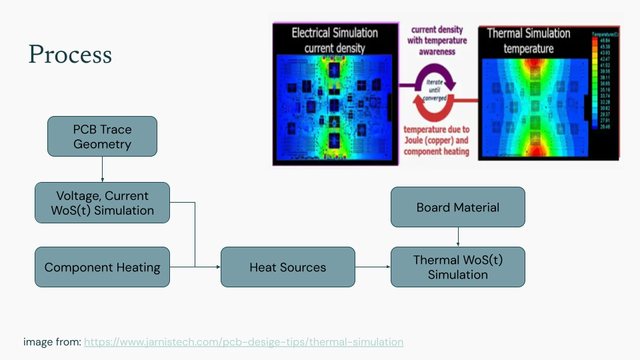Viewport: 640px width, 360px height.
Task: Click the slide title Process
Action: pos(70,54)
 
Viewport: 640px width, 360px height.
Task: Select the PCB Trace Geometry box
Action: pos(102,137)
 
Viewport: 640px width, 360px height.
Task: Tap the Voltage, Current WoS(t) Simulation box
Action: pos(102,203)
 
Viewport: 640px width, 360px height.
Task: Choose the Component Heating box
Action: pos(102,267)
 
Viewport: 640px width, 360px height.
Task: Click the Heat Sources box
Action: pos(287,267)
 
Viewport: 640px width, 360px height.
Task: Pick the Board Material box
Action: pos(457,207)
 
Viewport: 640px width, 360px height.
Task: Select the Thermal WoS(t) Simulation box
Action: pos(457,267)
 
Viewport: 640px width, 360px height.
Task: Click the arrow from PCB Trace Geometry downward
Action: pos(102,169)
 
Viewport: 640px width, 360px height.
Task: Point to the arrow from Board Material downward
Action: pos(457,237)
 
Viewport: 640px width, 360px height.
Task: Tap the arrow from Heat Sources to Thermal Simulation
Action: pos(372,267)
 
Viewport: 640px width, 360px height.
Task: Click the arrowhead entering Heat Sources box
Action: pos(217,267)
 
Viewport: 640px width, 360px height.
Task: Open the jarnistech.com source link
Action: pos(243,342)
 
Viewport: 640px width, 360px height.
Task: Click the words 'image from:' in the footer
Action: pos(52,342)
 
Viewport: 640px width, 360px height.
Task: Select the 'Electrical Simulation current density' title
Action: pos(335,40)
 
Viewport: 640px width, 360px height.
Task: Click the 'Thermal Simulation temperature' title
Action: pos(528,41)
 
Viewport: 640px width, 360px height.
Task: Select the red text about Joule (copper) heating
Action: pos(436,141)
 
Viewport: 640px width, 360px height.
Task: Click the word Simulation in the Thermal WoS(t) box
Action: pos(457,275)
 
